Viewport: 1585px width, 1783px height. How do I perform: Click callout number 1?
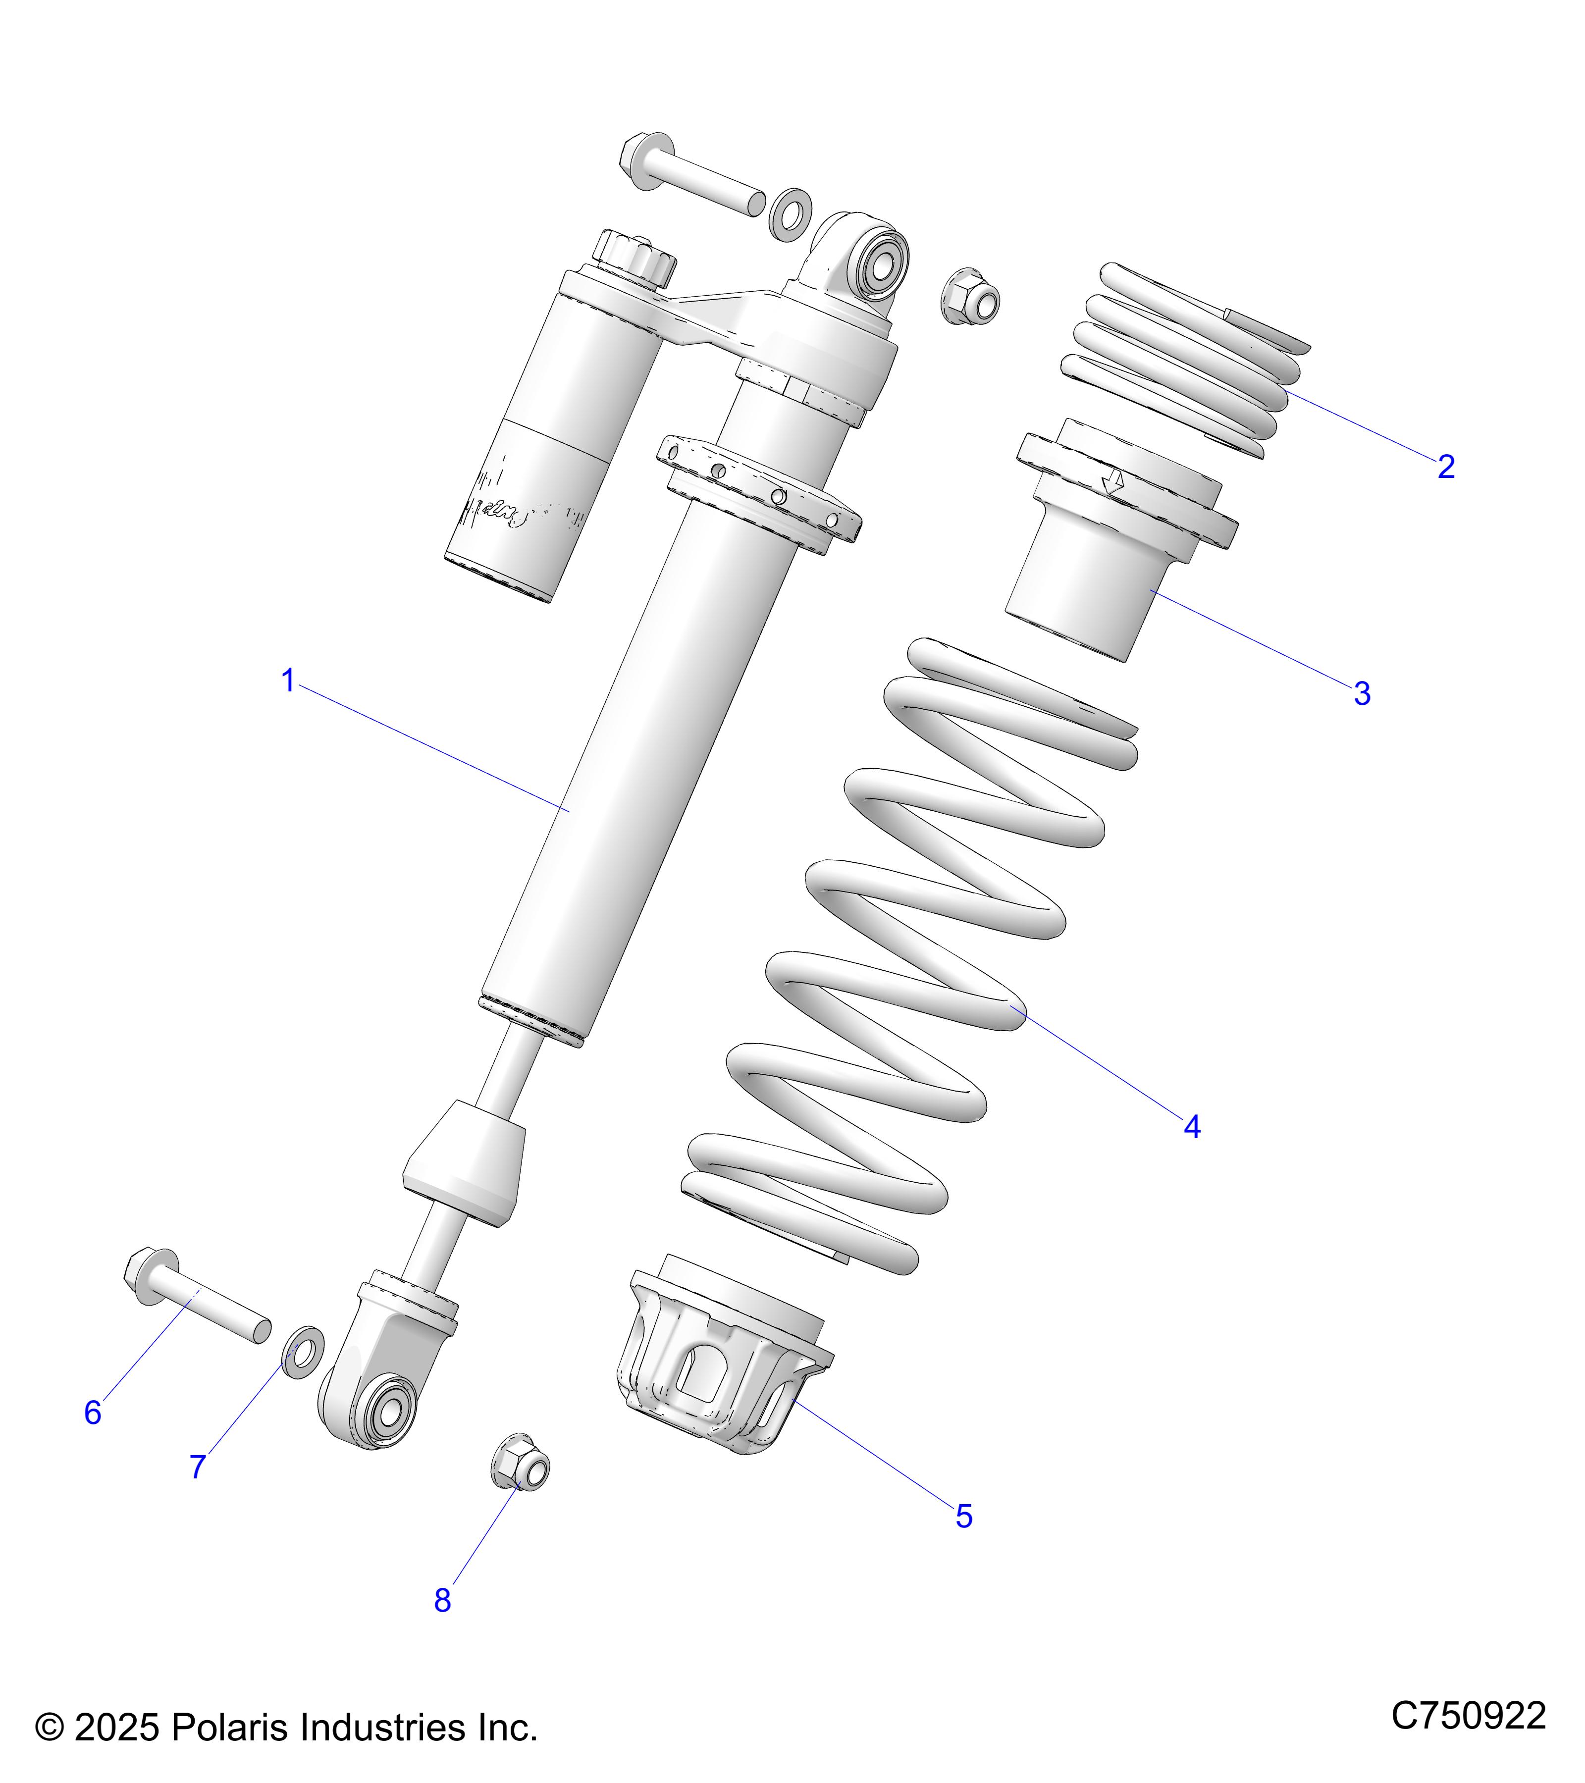288,681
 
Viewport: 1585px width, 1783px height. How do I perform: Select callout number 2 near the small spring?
1445,467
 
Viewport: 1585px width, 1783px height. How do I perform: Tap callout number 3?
1362,694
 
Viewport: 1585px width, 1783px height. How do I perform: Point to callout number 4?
1192,1127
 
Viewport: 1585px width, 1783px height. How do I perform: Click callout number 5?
963,1516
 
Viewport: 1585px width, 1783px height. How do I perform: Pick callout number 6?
93,1412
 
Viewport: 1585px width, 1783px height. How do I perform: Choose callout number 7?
198,1467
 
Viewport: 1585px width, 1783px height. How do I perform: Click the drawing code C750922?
1468,1715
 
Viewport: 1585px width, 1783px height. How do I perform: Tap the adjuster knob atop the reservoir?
635,259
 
